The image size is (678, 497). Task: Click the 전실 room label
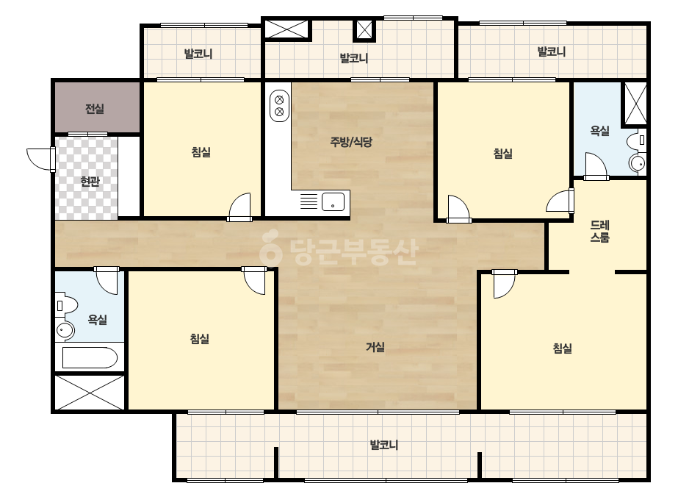[95, 109]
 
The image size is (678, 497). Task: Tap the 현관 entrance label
[90, 181]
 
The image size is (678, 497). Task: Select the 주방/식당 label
[351, 142]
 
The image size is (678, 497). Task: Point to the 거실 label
[375, 347]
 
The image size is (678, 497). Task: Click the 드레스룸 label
[599, 231]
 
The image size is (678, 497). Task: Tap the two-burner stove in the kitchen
[279, 106]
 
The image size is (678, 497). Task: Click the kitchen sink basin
[333, 201]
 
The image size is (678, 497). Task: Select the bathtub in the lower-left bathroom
[90, 357]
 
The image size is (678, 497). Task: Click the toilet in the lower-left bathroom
[65, 305]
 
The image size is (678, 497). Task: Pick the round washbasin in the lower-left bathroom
[65, 331]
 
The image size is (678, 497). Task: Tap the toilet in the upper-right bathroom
[637, 140]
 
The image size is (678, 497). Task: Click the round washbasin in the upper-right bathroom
[638, 163]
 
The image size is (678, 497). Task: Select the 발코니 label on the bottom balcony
[384, 445]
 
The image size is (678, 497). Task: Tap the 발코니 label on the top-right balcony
[552, 51]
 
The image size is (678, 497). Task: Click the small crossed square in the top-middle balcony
[364, 29]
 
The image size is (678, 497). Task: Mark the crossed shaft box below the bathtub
[90, 392]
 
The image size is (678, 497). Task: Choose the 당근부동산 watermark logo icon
[270, 247]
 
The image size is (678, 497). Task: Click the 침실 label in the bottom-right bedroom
[563, 348]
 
